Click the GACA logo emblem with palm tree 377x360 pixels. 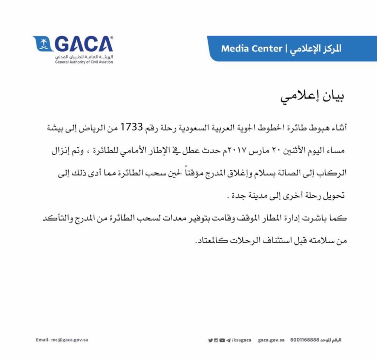click(x=42, y=45)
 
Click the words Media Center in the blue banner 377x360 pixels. click(x=251, y=49)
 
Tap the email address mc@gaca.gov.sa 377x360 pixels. click(x=62, y=340)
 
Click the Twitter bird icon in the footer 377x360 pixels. click(x=210, y=340)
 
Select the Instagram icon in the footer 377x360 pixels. click(x=216, y=340)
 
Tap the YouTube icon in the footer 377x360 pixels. click(x=222, y=340)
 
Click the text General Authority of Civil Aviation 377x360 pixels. click(x=84, y=62)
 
